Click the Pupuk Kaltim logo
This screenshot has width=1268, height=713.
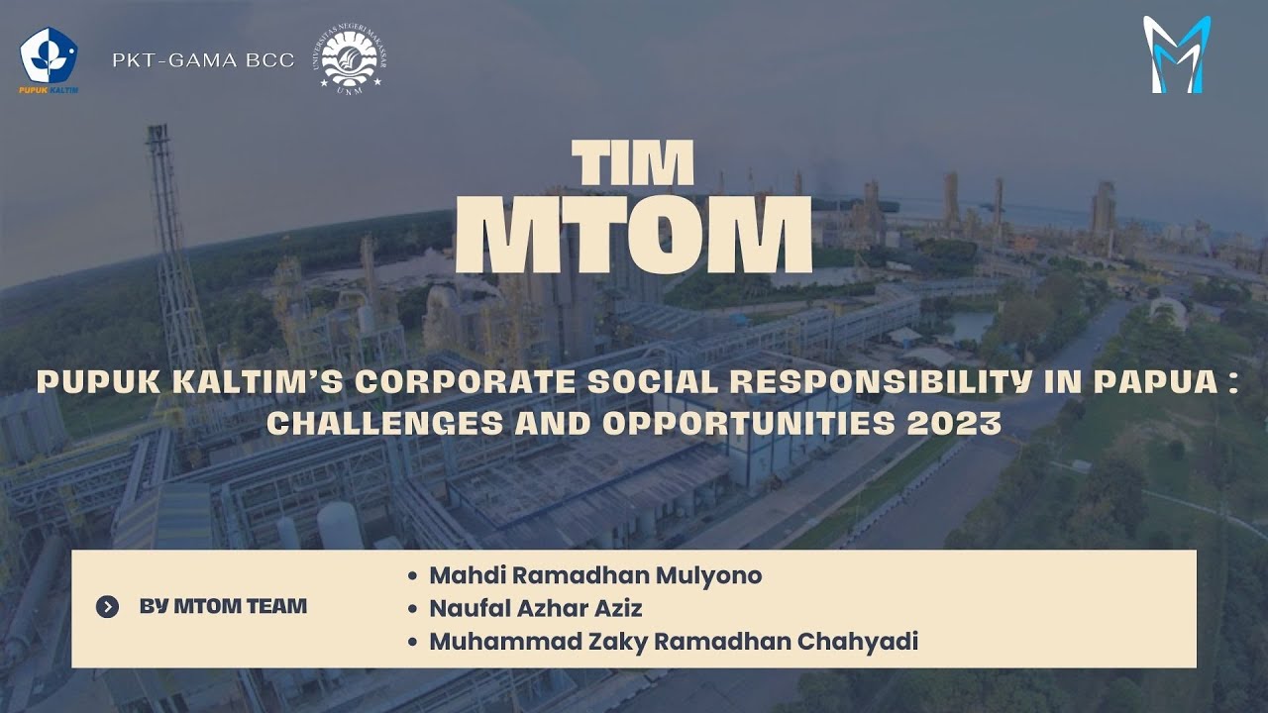click(x=49, y=60)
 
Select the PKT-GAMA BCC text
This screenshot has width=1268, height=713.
click(x=203, y=60)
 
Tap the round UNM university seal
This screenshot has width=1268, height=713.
click(x=354, y=60)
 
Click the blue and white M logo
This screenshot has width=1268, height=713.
click(x=1176, y=55)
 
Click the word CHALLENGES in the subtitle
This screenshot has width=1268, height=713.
click(x=378, y=424)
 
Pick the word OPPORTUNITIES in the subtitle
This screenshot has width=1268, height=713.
click(x=750, y=424)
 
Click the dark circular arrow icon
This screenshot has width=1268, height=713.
click(x=108, y=607)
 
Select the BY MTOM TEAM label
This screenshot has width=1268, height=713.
click(x=223, y=606)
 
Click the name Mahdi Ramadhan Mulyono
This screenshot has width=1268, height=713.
click(x=595, y=575)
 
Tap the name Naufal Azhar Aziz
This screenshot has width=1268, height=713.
click(x=536, y=608)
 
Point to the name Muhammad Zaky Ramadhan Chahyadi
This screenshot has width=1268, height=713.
click(x=674, y=642)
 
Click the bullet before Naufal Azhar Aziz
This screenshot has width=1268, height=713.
click(x=412, y=609)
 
